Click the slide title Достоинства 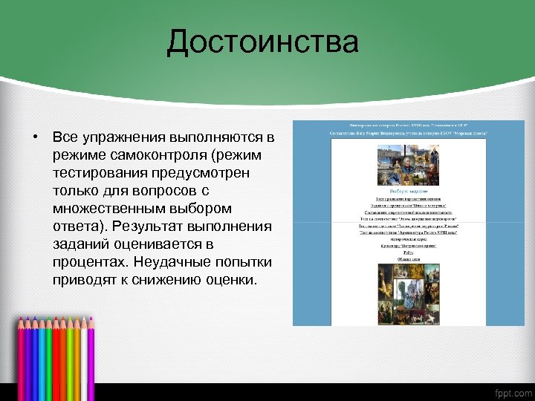point(262,42)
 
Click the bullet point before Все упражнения point(35,138)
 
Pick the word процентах point(91,263)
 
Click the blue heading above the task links point(406,191)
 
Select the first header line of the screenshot point(407,125)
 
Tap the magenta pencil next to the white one point(91,349)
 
